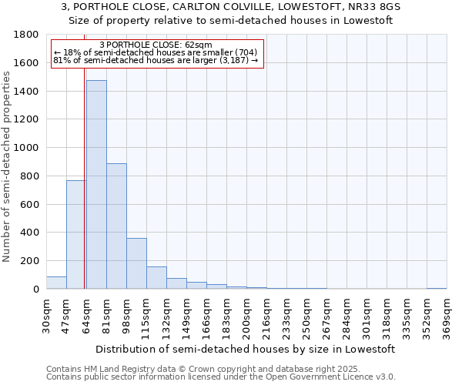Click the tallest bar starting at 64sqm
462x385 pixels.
96,185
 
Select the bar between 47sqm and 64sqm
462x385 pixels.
75,235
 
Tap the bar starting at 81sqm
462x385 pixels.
116,226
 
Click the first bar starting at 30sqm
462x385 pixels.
56,283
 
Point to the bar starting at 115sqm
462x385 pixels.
156,278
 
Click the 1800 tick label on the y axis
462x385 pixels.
27,35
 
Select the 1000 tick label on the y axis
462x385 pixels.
27,148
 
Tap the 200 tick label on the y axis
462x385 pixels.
30,261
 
